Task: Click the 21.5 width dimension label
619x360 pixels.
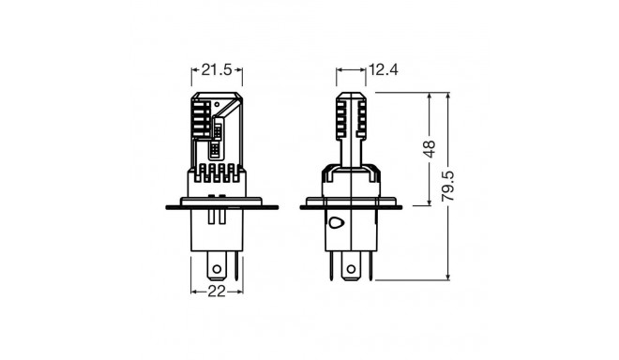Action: click(x=217, y=68)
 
